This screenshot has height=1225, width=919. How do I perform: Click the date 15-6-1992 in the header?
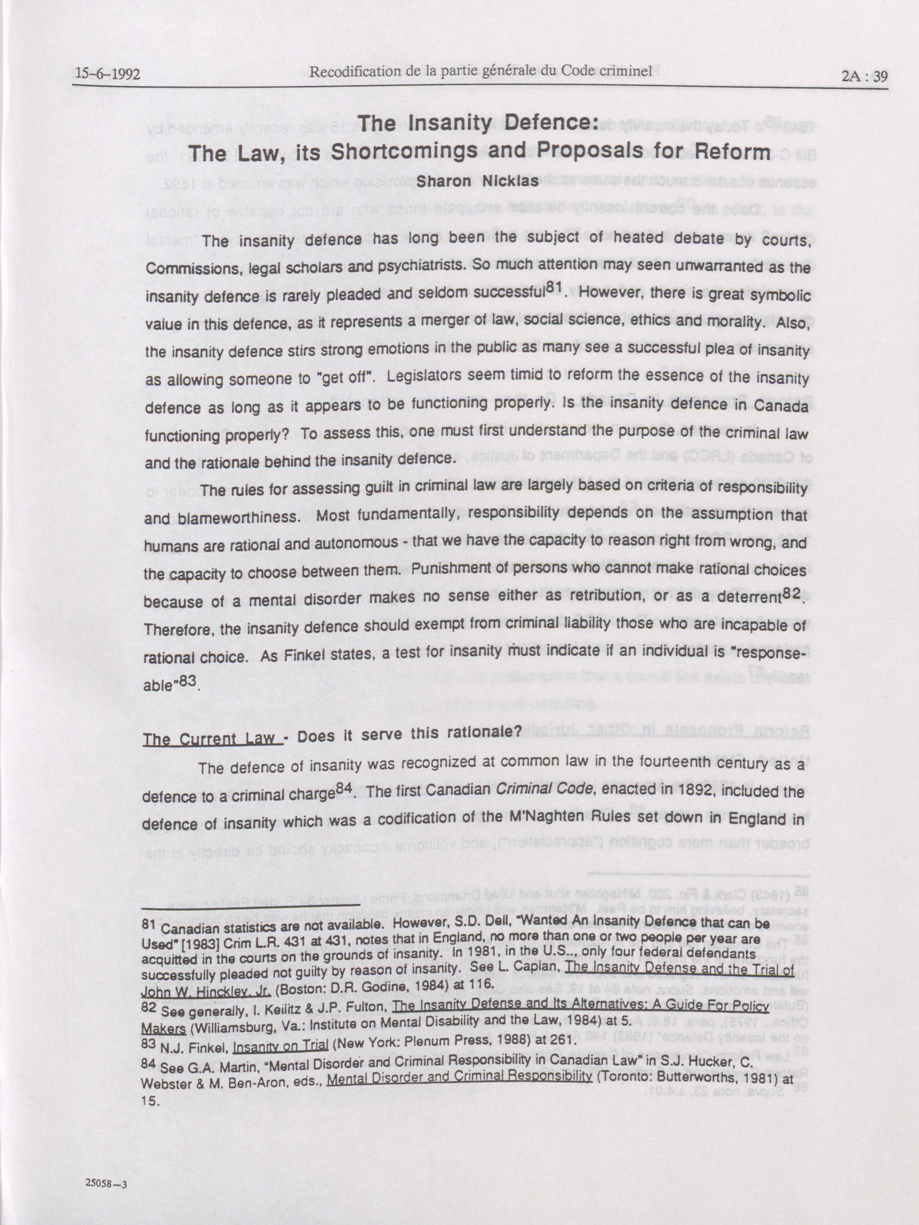tap(108, 74)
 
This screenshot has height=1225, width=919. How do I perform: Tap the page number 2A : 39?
tap(864, 76)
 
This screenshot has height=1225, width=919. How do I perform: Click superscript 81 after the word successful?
tap(554, 288)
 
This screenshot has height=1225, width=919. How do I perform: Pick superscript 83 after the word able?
tap(187, 680)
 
